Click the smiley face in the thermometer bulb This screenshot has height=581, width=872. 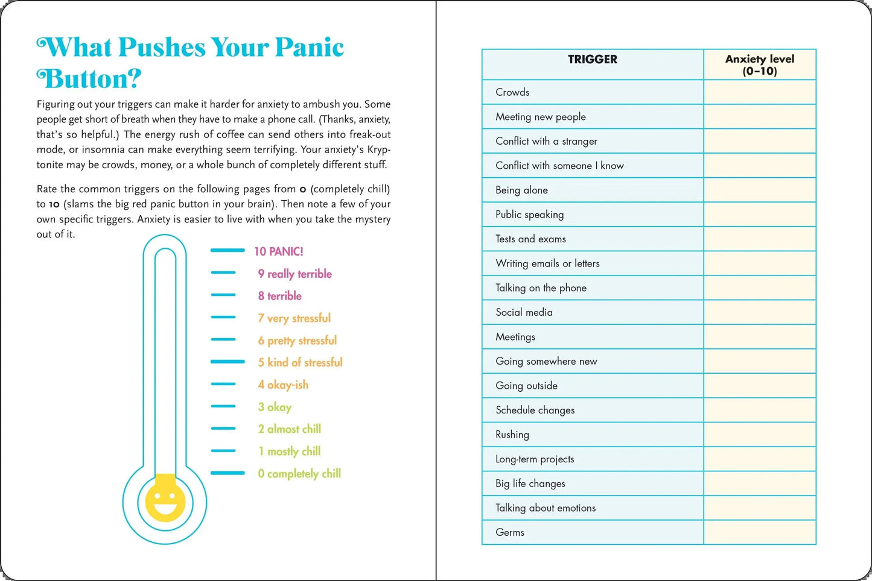[x=165, y=501]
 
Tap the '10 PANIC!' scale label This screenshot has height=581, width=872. [x=278, y=251]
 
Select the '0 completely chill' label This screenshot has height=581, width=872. [x=299, y=474]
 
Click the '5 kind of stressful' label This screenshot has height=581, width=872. [x=300, y=362]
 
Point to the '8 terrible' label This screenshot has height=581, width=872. [x=279, y=296]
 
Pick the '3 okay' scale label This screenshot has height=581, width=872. [x=275, y=407]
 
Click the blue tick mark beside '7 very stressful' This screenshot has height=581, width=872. [x=223, y=317]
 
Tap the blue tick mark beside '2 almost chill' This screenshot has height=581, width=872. [x=223, y=429]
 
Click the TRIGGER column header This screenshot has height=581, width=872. [x=593, y=59]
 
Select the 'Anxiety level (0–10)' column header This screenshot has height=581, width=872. [x=759, y=64]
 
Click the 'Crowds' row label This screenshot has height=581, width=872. [x=512, y=92]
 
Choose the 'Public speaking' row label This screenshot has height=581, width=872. [x=529, y=215]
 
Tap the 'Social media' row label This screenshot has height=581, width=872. [x=524, y=312]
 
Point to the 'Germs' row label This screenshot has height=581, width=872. [x=510, y=532]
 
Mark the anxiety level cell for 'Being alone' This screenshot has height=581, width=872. [x=759, y=190]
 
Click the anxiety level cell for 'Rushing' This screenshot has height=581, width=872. [x=759, y=435]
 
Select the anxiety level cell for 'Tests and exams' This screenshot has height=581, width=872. [x=759, y=239]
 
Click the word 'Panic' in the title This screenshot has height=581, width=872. [x=309, y=48]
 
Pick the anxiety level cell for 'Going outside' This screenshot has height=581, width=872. [x=759, y=386]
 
